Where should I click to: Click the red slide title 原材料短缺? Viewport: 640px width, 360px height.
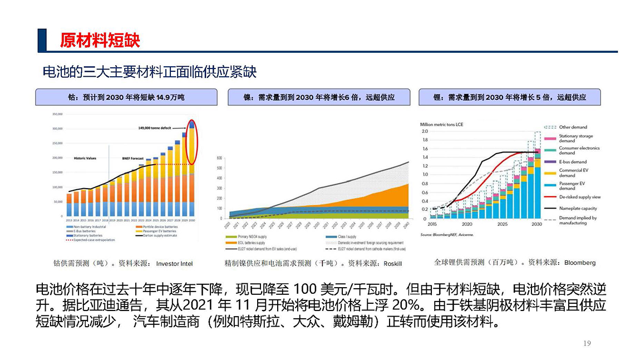coord(100,40)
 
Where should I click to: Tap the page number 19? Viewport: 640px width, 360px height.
coord(587,343)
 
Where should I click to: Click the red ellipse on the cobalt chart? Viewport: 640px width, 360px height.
coord(191,142)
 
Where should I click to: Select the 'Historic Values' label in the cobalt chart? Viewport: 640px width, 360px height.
coord(85,159)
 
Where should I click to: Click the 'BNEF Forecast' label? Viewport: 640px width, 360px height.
coord(133,159)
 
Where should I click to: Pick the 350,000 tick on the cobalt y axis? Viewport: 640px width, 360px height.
coord(57,114)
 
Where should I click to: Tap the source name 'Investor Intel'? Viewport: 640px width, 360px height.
coord(174,263)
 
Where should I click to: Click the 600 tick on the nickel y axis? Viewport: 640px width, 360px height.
coord(219,158)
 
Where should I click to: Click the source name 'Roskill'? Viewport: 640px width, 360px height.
coord(392,263)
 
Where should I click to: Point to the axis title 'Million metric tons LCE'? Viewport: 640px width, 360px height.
coord(441,124)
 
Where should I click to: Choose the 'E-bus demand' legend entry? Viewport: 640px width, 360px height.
coord(573,162)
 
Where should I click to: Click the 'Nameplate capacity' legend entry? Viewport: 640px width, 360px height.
coord(578,208)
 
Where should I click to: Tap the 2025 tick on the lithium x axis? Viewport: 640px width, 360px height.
coord(502,224)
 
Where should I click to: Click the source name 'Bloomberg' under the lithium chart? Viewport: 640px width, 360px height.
coord(580,263)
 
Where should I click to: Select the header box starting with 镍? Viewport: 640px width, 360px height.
coord(319,97)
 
